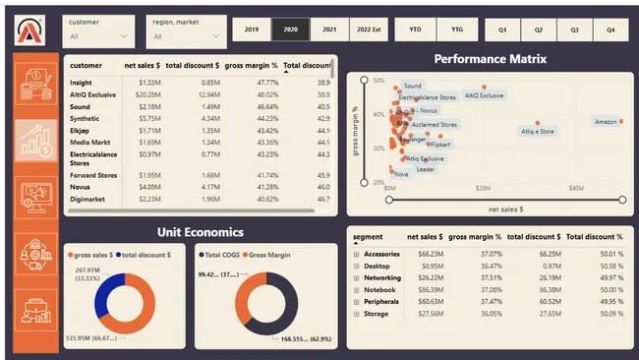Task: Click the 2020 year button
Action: tap(290, 30)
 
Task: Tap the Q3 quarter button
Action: tap(574, 30)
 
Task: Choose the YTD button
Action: tap(416, 30)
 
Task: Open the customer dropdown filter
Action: tap(98, 31)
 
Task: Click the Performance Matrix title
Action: tap(490, 59)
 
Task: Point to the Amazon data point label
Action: tap(606, 122)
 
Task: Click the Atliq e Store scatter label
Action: tap(538, 131)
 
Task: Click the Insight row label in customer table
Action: tap(81, 83)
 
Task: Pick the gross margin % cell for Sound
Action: tap(256, 106)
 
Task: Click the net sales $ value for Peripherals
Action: tap(424, 303)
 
